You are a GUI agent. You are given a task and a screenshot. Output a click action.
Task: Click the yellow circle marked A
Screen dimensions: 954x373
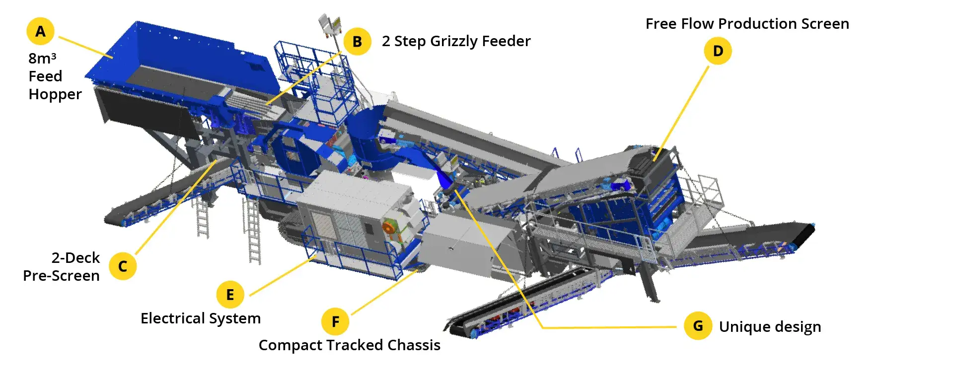(40, 31)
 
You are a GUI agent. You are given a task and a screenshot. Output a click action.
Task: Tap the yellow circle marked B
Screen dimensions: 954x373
(357, 42)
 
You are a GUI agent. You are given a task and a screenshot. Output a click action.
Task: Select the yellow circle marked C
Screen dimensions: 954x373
(123, 266)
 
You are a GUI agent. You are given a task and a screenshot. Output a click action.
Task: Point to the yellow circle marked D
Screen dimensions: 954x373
(718, 51)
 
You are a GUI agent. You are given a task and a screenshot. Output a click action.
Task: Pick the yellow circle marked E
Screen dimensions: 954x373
(230, 295)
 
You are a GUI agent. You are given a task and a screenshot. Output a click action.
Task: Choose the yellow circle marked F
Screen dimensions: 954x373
(335, 321)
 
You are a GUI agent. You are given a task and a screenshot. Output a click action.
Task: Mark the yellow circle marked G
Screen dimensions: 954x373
(698, 326)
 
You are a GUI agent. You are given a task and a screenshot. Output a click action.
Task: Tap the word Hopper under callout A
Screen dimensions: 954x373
(55, 95)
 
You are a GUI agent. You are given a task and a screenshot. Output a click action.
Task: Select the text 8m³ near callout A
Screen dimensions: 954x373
(42, 58)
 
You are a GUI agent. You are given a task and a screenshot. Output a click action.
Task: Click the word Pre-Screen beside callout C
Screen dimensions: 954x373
(62, 276)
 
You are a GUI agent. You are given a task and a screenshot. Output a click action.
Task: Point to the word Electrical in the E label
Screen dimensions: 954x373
(173, 318)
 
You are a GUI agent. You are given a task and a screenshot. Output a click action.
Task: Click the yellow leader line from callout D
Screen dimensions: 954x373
(681, 114)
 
